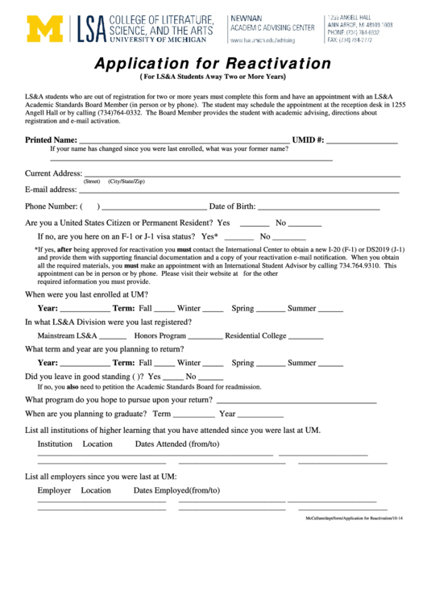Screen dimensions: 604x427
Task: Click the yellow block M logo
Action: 44,28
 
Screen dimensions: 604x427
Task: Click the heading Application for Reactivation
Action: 213,64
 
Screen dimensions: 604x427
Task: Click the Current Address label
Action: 53,173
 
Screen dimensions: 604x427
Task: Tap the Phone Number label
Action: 51,206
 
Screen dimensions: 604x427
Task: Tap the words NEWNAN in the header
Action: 245,18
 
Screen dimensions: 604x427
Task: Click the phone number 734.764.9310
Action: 356,265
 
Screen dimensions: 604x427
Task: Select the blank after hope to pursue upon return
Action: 296,402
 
